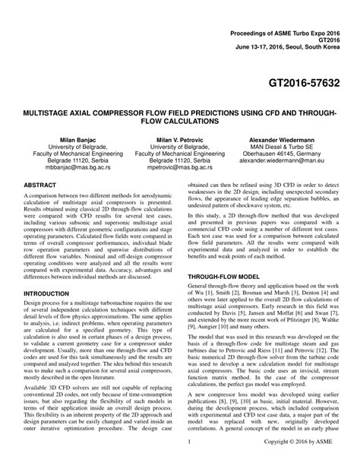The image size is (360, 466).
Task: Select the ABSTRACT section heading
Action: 45,185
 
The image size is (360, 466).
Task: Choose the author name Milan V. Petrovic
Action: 179,141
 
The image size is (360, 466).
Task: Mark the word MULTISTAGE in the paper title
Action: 55,112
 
